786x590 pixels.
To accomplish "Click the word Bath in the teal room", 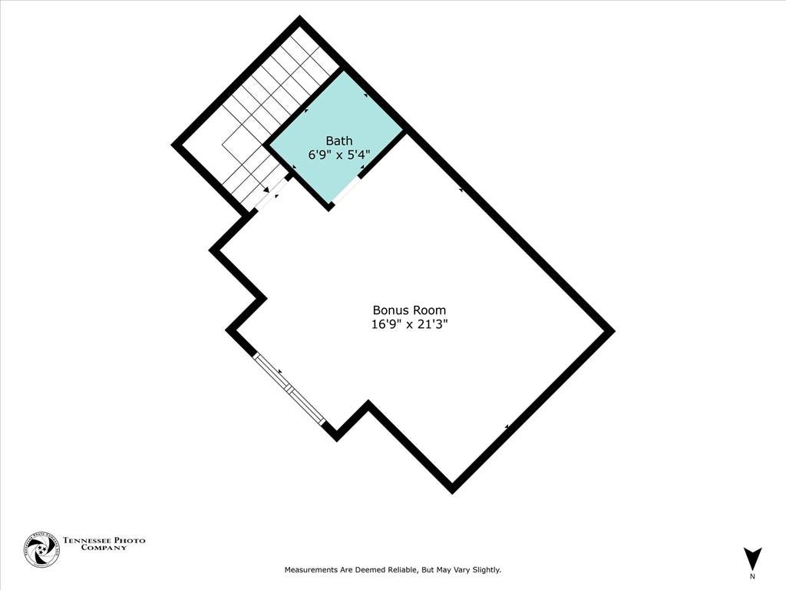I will click(339, 141).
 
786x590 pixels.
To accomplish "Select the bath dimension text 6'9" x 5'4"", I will click(339, 154).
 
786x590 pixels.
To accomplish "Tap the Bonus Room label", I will click(409, 310).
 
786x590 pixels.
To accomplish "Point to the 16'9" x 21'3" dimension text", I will click(409, 324).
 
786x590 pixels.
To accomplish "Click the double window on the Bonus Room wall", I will click(290, 389).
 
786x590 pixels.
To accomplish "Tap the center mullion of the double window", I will click(290, 389).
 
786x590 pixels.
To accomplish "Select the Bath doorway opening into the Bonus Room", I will click(346, 189).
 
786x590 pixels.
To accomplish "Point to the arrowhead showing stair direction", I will click(266, 189).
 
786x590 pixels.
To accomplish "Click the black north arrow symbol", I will click(753, 558).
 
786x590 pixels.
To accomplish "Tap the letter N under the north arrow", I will click(752, 576).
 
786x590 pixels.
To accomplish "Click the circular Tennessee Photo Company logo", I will click(41, 550).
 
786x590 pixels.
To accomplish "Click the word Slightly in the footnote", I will click(484, 570).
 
